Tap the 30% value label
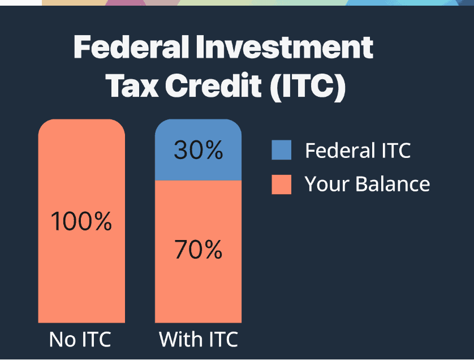198,151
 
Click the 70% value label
198,250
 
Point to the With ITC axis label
198,340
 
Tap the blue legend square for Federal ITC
281,151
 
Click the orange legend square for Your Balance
281,184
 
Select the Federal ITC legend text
357,151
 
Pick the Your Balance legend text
367,184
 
